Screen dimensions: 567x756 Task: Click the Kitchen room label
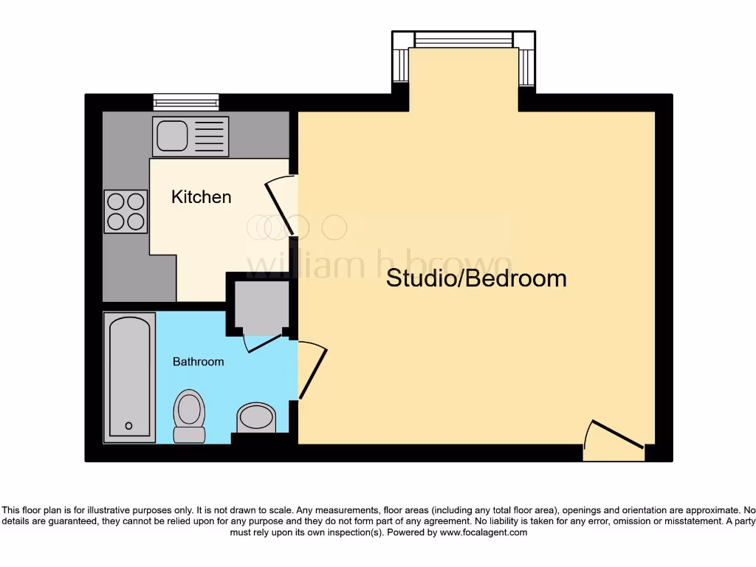[201, 197]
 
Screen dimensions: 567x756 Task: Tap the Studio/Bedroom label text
[476, 278]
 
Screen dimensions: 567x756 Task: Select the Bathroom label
[198, 362]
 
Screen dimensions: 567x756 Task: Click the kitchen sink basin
[171, 136]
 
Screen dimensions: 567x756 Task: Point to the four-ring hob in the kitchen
[126, 212]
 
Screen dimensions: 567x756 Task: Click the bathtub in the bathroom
[129, 377]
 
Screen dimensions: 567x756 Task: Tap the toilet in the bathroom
[189, 416]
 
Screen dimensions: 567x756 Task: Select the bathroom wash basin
[255, 418]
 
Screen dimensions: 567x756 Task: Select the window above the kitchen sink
[186, 102]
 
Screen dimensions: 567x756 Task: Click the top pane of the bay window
[463, 39]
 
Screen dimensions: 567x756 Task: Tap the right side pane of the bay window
[526, 67]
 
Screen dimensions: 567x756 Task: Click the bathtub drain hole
[128, 426]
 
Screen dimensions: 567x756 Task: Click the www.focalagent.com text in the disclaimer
[484, 532]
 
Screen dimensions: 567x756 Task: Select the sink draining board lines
[210, 137]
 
